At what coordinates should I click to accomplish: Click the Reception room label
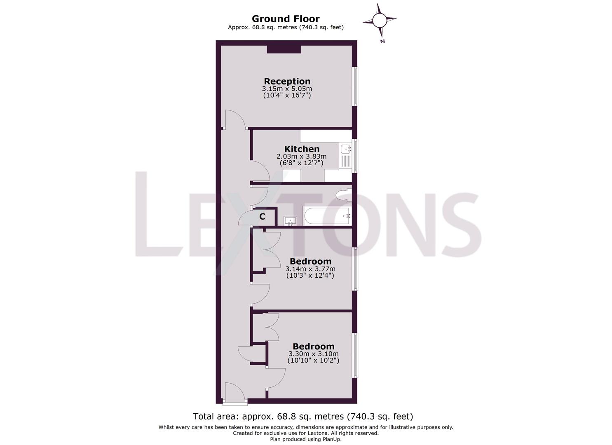(x=287, y=81)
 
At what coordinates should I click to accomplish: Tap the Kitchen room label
(x=302, y=149)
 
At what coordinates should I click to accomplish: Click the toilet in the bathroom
(x=343, y=195)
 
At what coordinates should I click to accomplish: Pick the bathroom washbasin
(x=291, y=221)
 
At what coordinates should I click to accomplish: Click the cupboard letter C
(x=262, y=216)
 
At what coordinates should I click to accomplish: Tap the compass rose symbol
(x=380, y=20)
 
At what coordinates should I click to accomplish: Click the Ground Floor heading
(x=286, y=19)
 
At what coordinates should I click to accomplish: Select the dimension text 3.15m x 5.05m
(x=287, y=89)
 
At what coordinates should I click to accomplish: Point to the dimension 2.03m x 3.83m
(x=301, y=156)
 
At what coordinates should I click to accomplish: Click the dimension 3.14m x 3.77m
(x=310, y=269)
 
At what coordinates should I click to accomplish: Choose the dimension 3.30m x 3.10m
(x=313, y=354)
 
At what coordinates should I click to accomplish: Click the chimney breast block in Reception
(x=284, y=49)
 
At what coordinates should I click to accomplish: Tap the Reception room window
(x=354, y=86)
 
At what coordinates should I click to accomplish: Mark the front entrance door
(x=234, y=393)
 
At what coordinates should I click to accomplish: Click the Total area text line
(x=303, y=416)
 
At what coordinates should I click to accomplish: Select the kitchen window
(x=355, y=155)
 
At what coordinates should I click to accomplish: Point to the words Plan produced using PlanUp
(x=306, y=439)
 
